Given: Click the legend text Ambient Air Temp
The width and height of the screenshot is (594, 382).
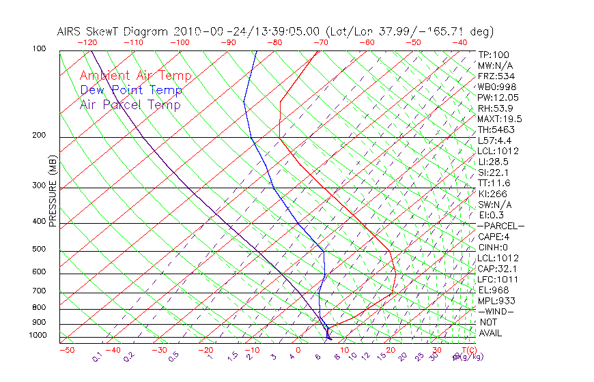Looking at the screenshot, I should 135,76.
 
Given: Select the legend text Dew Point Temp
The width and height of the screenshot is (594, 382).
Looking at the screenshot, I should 131,91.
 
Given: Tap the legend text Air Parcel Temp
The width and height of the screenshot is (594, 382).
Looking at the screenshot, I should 130,105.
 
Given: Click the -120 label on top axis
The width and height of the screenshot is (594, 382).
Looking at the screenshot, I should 87,42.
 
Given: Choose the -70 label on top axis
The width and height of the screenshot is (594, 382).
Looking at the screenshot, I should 319,42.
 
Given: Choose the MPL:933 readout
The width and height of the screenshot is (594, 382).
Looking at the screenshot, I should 496,301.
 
